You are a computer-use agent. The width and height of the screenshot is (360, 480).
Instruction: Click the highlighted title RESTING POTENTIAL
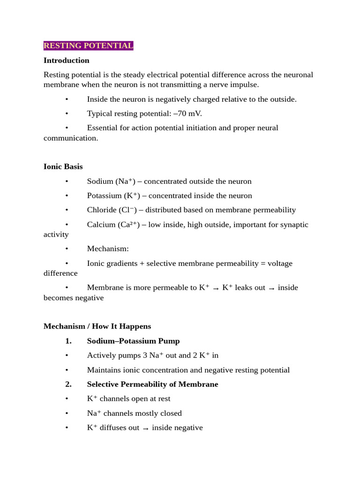[x=88, y=45]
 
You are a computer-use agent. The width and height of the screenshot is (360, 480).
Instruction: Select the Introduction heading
[x=66, y=60]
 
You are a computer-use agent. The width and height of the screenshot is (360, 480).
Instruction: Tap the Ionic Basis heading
[x=63, y=166]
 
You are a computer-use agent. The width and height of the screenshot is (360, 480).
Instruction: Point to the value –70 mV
[x=187, y=113]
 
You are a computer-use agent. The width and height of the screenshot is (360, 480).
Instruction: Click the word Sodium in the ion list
[x=100, y=181]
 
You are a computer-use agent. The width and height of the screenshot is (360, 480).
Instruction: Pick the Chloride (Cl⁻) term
[x=112, y=210]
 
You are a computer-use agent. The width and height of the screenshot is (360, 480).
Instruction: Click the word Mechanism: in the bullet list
[x=107, y=248]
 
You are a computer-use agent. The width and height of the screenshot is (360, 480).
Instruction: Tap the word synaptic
[x=293, y=225]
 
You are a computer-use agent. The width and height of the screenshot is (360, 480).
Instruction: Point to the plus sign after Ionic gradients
[x=142, y=263]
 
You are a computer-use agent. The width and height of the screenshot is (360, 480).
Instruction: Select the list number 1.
[x=68, y=341]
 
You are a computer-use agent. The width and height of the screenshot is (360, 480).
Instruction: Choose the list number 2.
[x=68, y=384]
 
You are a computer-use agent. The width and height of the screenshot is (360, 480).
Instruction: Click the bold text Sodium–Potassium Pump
[x=133, y=341]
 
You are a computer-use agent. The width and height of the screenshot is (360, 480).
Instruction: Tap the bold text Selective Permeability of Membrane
[x=152, y=384]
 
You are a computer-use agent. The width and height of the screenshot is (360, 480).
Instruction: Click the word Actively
[x=101, y=355]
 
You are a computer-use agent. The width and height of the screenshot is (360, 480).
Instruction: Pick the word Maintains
[x=104, y=370]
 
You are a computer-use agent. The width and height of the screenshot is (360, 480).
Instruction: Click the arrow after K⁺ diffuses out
[x=145, y=428]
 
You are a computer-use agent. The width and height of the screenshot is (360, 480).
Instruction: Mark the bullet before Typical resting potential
[x=67, y=113]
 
